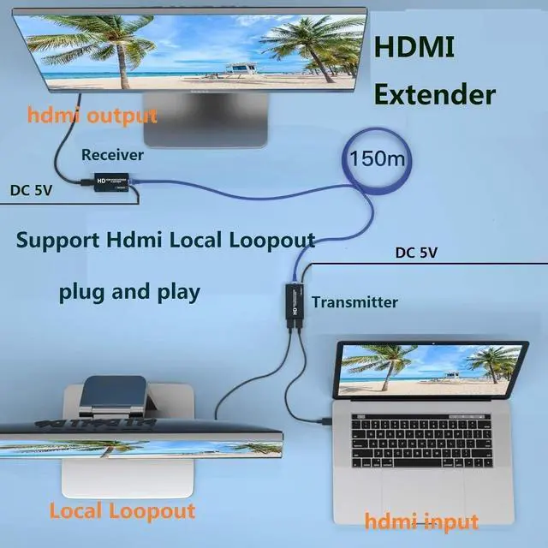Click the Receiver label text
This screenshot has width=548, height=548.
(112, 155)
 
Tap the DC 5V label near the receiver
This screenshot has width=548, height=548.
(31, 190)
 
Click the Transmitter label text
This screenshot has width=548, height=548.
(354, 301)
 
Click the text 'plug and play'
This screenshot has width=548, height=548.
(129, 291)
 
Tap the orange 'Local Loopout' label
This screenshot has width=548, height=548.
(122, 511)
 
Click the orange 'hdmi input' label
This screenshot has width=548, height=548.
(421, 520)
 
